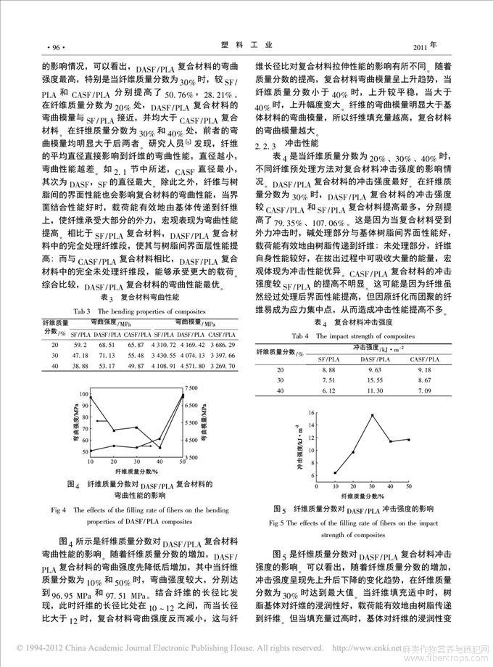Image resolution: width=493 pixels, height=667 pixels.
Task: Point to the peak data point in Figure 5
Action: [x=372, y=415]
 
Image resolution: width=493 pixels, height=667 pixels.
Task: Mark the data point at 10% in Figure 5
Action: [x=335, y=472]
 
